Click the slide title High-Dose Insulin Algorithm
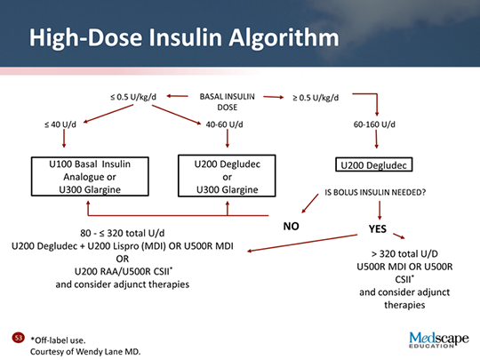[x=183, y=38]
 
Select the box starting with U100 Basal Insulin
[x=87, y=176]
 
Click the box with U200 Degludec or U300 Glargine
[x=228, y=176]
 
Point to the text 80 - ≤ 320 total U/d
[x=124, y=233]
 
